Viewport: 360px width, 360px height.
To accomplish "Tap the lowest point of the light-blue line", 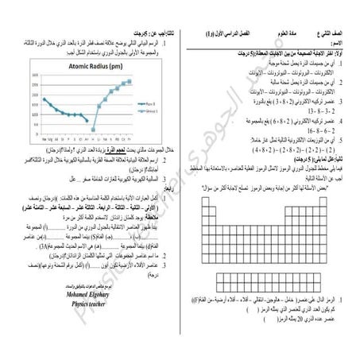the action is click(94, 130).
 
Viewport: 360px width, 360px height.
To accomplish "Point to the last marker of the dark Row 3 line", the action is click(86, 116).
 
